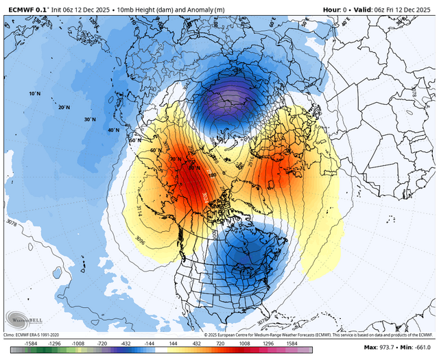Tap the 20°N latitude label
[64, 108]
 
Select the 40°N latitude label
[113, 130]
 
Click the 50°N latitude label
[134, 141]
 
